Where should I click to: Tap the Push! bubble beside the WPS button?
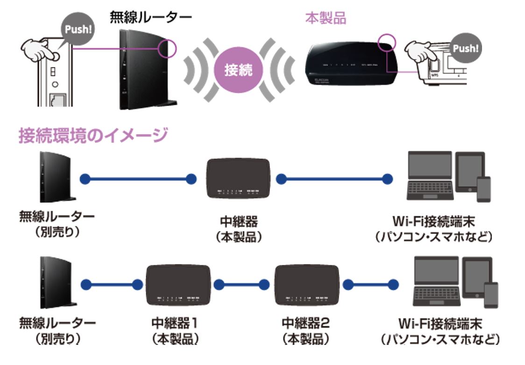(x=465, y=48)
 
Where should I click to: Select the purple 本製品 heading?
(x=326, y=19)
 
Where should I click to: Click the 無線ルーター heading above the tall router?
(x=150, y=17)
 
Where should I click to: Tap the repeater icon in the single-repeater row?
(x=238, y=178)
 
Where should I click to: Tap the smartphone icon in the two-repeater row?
(x=490, y=294)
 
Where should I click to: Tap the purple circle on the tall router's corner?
(x=167, y=48)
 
